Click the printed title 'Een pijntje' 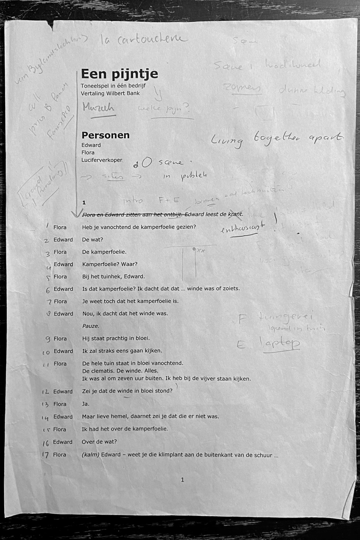119,74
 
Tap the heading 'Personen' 105,135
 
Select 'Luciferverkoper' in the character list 102,160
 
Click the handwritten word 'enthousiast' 243,228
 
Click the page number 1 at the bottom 182,480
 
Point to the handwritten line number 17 45,455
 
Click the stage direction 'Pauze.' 90,326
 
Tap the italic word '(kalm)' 90,454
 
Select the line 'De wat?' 92,240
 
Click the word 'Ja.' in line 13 86,404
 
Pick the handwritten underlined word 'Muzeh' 98,108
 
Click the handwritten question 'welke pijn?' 163,110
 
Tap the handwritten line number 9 48,339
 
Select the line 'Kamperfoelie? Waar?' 110,264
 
